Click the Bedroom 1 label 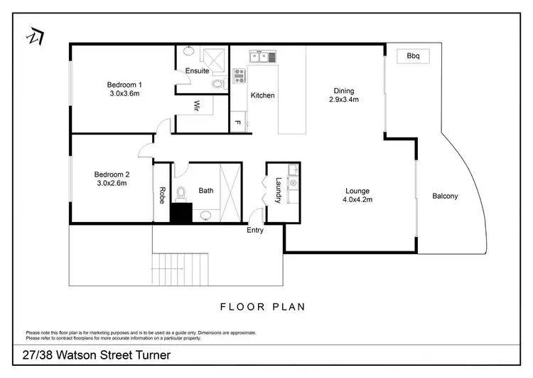pyautogui.click(x=124, y=85)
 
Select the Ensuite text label pyautogui.click(x=197, y=71)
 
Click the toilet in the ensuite pyautogui.click(x=217, y=83)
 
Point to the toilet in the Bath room pyautogui.click(x=182, y=192)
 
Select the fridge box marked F pyautogui.click(x=237, y=123)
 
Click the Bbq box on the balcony pyautogui.click(x=413, y=56)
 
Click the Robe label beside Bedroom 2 pyautogui.click(x=162, y=195)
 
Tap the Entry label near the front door pyautogui.click(x=255, y=230)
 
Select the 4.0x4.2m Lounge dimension pyautogui.click(x=357, y=200)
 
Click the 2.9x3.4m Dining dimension pyautogui.click(x=344, y=100)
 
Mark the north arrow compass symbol pyautogui.click(x=33, y=36)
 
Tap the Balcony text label pyautogui.click(x=445, y=196)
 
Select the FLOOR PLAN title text pyautogui.click(x=262, y=308)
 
